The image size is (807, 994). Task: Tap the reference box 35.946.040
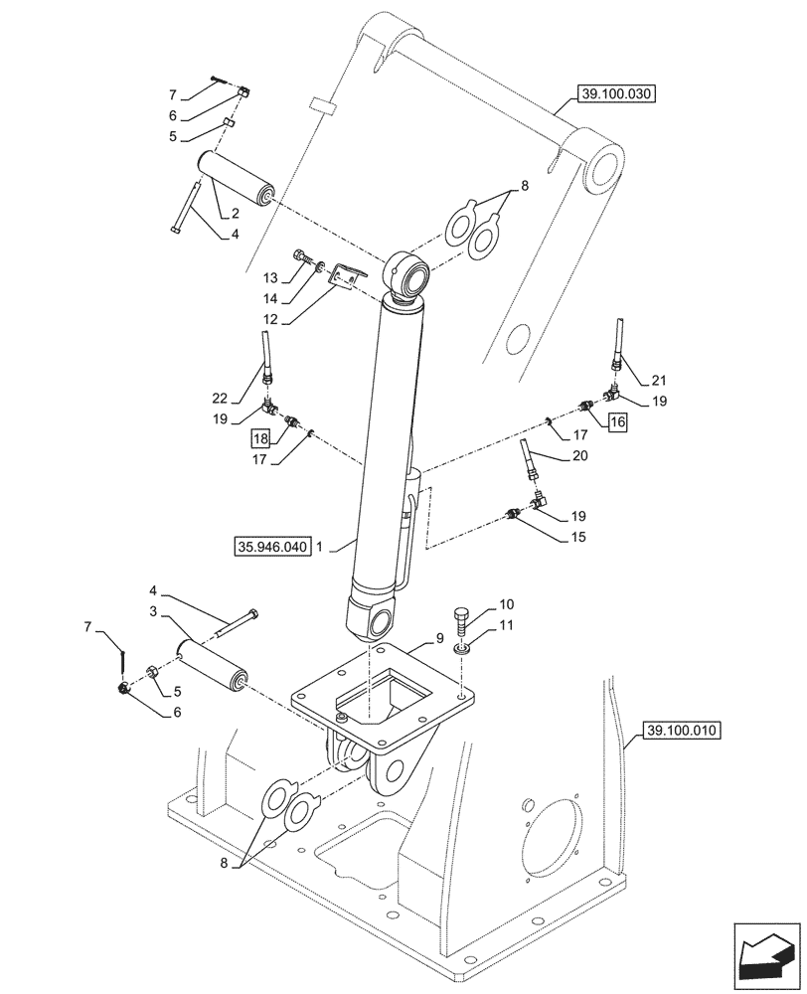[x=272, y=546]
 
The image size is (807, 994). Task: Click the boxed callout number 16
[x=617, y=421]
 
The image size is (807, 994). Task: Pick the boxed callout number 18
[x=259, y=438]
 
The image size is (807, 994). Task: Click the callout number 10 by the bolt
[x=506, y=604]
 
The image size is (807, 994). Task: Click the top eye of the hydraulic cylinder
[x=408, y=271]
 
